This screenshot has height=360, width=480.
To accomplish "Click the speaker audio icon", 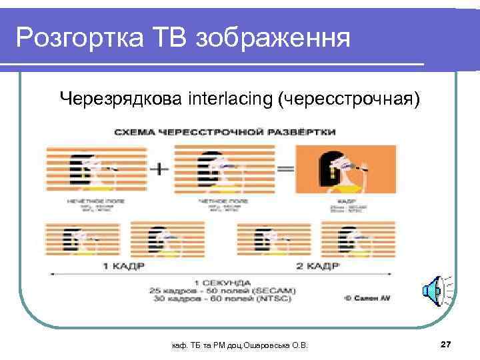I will coord(433,290).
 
